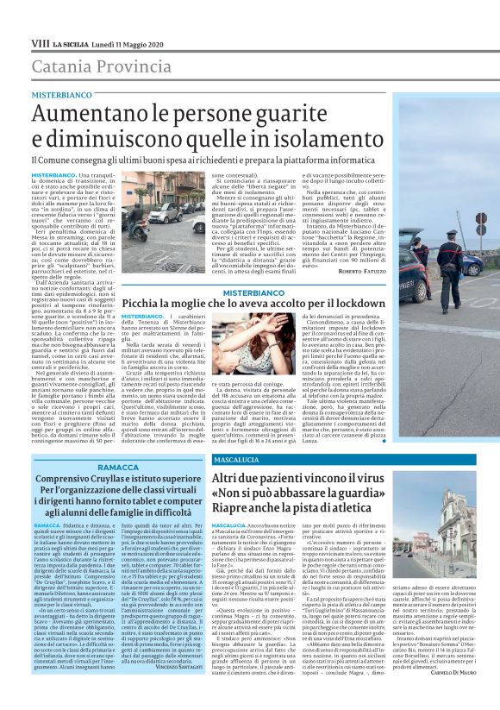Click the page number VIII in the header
tap(40, 42)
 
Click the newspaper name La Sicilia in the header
tap(68, 42)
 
